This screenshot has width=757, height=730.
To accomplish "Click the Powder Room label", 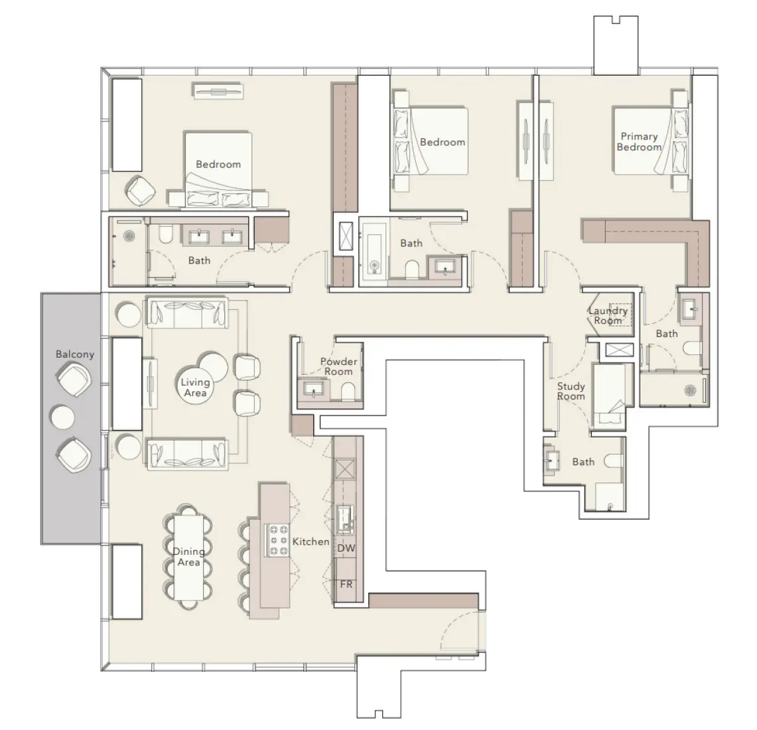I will tap(338, 366).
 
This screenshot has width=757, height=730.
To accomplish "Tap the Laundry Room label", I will tap(608, 315).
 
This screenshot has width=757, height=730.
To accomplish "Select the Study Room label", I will tap(571, 391).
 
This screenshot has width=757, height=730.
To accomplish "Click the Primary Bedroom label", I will tap(639, 141).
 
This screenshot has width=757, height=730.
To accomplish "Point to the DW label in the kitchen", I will tap(346, 548).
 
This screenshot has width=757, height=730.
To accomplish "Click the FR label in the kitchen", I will tap(346, 585).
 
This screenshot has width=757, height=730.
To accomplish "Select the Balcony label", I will tap(74, 354).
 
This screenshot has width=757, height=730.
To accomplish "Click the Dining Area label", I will tap(188, 557).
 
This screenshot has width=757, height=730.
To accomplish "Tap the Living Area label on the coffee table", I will tap(195, 387).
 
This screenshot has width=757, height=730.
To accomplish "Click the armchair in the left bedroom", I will tap(142, 190).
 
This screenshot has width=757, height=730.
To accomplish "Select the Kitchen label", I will tap(310, 542).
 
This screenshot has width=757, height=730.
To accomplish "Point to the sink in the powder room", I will tap(312, 388).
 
